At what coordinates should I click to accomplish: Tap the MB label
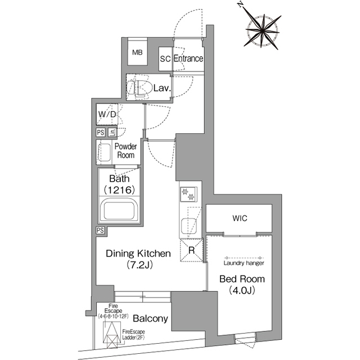[x=137, y=52]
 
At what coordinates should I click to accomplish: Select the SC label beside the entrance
[x=165, y=58]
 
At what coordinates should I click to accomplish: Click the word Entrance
[x=188, y=58]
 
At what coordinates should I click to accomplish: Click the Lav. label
[x=162, y=88]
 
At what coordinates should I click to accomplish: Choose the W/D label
[x=107, y=114]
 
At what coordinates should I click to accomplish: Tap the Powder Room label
[x=126, y=151]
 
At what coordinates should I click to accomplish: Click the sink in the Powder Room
[x=105, y=152]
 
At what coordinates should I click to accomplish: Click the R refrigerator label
[x=191, y=251]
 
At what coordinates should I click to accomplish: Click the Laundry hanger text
[x=244, y=263]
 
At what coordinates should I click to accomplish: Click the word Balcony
[x=150, y=319]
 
